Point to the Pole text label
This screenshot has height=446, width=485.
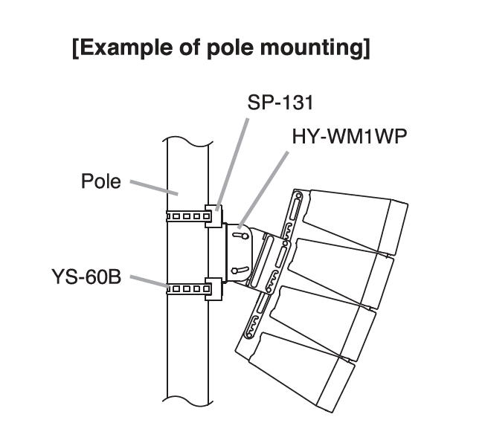100,181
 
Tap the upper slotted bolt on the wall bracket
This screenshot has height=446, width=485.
240,236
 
